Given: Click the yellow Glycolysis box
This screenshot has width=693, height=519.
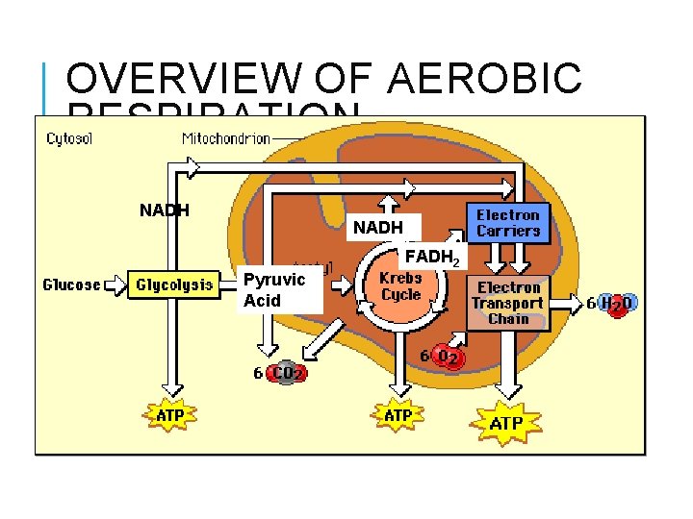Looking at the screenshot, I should tap(174, 285).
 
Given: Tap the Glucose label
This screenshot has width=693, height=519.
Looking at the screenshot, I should tap(71, 285).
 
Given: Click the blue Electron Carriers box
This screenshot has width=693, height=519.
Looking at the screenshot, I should tap(508, 223).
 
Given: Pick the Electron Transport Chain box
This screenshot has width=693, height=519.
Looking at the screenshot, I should tap(508, 303).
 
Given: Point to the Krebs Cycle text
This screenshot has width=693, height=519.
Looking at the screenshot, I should tap(400, 286).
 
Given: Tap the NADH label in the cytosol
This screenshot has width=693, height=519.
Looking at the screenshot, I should tap(165, 210).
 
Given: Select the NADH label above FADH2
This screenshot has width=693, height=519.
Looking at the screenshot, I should tap(378, 228).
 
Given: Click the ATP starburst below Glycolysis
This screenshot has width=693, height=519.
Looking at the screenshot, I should tap(170, 416).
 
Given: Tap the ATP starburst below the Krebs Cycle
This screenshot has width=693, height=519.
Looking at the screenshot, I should tap(398, 416).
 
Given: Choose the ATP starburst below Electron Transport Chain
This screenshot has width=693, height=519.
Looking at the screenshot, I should tap(506, 422).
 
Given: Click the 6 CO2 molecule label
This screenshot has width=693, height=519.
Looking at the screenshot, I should tap(279, 372).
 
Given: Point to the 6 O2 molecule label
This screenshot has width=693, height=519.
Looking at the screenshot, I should tap(444, 358).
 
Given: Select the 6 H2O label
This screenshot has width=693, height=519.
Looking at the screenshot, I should tap(611, 304).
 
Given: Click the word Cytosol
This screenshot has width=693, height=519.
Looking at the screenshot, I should tap(70, 138).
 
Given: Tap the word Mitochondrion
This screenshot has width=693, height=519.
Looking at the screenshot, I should tap(226, 138).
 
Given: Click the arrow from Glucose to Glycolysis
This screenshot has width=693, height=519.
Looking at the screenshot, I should tap(115, 285).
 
